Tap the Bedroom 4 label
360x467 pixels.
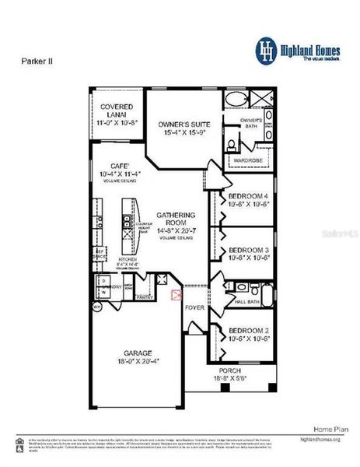tap(248, 200)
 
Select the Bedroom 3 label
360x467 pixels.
tap(248, 251)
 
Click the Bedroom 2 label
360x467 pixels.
tap(248, 335)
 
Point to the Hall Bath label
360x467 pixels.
tap(246, 300)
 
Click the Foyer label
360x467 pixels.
tap(194, 307)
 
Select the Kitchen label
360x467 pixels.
tap(128, 261)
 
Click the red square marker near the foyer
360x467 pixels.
tap(175, 294)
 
